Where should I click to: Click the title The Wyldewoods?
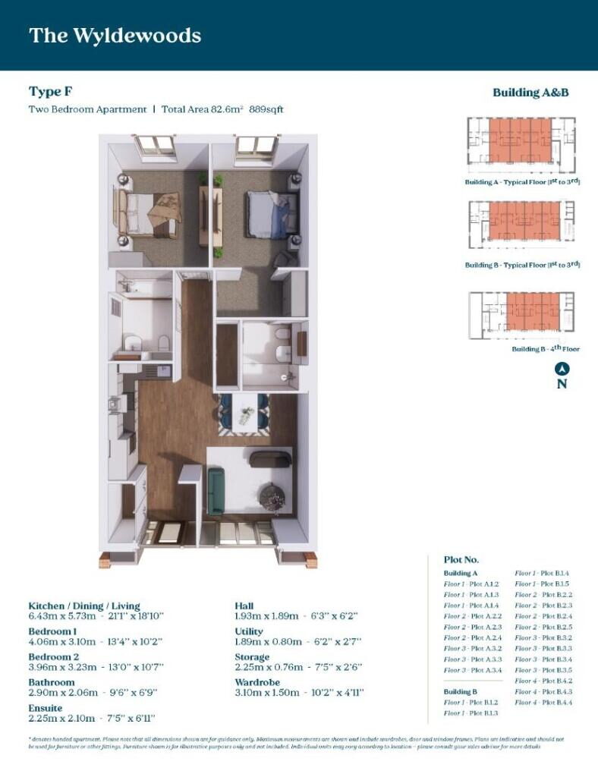pyautogui.click(x=115, y=35)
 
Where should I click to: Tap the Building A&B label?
pyautogui.click(x=530, y=93)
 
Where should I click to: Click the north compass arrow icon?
pyautogui.click(x=562, y=370)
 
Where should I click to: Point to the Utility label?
pyautogui.click(x=250, y=631)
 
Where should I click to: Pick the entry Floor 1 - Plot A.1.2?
pyautogui.click(x=471, y=584)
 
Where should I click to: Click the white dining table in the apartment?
pyautogui.click(x=245, y=414)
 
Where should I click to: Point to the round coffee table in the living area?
pyautogui.click(x=271, y=497)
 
